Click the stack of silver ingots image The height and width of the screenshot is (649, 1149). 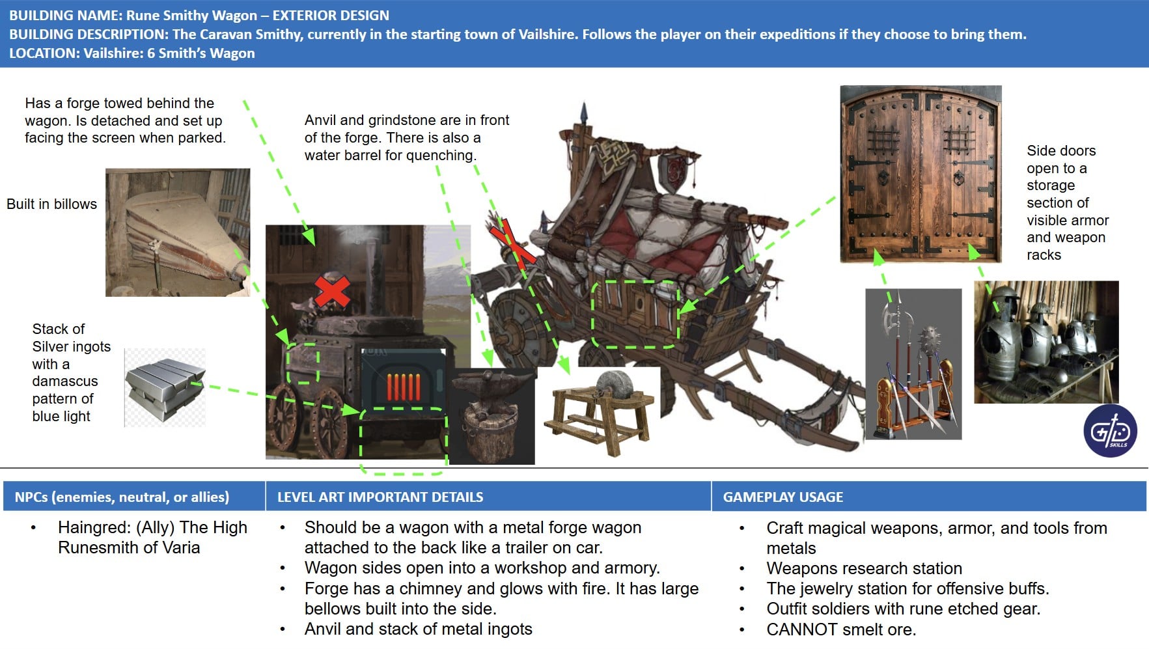tap(165, 388)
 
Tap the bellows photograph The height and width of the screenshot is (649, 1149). tap(178, 232)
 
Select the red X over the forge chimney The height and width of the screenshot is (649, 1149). tap(332, 290)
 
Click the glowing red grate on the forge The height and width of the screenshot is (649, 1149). tap(404, 387)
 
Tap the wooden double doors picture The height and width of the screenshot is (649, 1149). tap(921, 174)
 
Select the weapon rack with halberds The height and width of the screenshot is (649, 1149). tap(913, 364)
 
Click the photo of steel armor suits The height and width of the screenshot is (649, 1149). tap(1046, 342)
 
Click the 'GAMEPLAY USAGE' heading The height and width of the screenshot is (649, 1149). tap(783, 497)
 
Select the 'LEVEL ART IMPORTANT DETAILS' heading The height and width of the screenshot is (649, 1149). tap(380, 497)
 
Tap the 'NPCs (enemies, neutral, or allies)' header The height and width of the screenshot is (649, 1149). tap(122, 497)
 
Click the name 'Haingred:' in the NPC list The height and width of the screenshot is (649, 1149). tap(94, 527)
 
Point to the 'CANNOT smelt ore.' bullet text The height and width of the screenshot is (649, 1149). tap(841, 629)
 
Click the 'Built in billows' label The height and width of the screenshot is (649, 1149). tap(51, 204)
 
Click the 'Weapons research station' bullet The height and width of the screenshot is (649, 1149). tap(864, 568)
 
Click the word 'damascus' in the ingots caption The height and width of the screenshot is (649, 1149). tap(65, 381)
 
